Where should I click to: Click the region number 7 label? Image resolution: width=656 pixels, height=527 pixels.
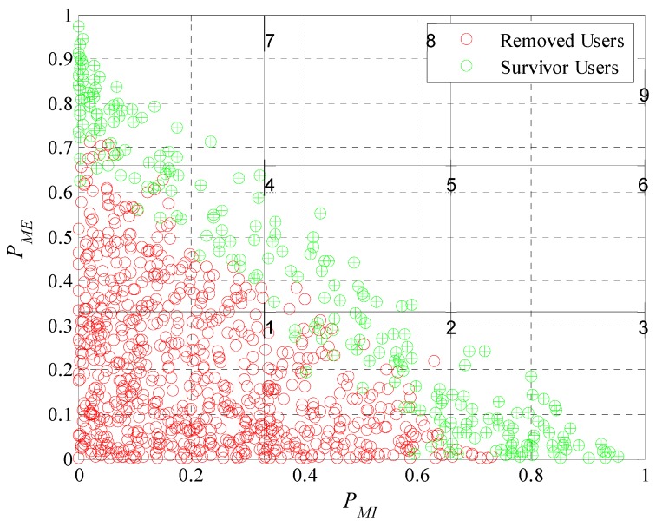pyautogui.click(x=270, y=40)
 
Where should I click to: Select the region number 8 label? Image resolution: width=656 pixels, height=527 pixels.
pyautogui.click(x=430, y=40)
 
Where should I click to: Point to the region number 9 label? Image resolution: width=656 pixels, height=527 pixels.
pyautogui.click(x=643, y=96)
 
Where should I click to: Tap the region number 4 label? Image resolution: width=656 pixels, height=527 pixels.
pyautogui.click(x=270, y=186)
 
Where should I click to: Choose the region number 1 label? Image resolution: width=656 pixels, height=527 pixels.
pyautogui.click(x=270, y=328)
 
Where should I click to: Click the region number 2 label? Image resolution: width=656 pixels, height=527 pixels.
pyautogui.click(x=451, y=328)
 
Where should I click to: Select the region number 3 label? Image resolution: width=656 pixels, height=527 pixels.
pyautogui.click(x=643, y=328)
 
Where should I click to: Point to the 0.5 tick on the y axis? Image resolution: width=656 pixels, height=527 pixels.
pyautogui.click(x=61, y=237)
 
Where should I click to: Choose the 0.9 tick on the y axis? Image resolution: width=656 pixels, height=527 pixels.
pyautogui.click(x=61, y=60)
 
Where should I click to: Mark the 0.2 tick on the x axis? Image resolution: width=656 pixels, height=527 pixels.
pyautogui.click(x=191, y=475)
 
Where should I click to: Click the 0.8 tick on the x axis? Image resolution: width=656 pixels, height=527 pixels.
pyautogui.click(x=530, y=475)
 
